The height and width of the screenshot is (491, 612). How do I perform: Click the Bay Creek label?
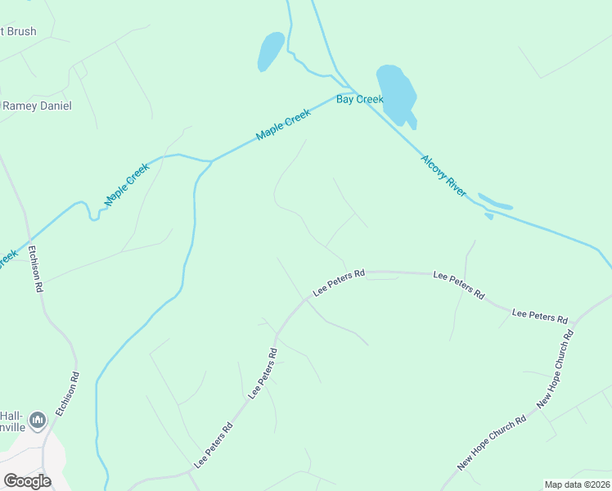pos(359,99)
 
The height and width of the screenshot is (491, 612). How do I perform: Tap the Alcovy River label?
pos(443,175)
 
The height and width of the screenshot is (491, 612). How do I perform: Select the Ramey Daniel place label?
pos(38,106)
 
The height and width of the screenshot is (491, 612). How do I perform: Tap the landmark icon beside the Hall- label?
pos(37,421)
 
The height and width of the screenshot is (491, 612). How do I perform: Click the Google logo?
pos(27,480)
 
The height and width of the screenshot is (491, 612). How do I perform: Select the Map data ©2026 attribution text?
pos(577,484)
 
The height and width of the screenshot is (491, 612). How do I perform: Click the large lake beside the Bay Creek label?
pos(395,92)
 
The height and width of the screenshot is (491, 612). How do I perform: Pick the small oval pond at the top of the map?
pos(270,51)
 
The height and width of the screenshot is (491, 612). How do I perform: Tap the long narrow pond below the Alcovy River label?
pos(495,201)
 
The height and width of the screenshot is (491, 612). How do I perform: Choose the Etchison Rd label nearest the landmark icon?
pos(67,394)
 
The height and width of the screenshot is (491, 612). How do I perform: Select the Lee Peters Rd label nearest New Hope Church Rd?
pos(539,315)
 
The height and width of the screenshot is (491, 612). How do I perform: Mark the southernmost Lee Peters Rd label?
pos(213,446)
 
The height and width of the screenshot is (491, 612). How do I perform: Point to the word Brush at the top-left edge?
pos(20,31)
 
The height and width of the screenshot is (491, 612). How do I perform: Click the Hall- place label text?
pos(11,414)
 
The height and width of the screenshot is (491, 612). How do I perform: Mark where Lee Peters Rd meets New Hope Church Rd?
pos(576,320)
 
